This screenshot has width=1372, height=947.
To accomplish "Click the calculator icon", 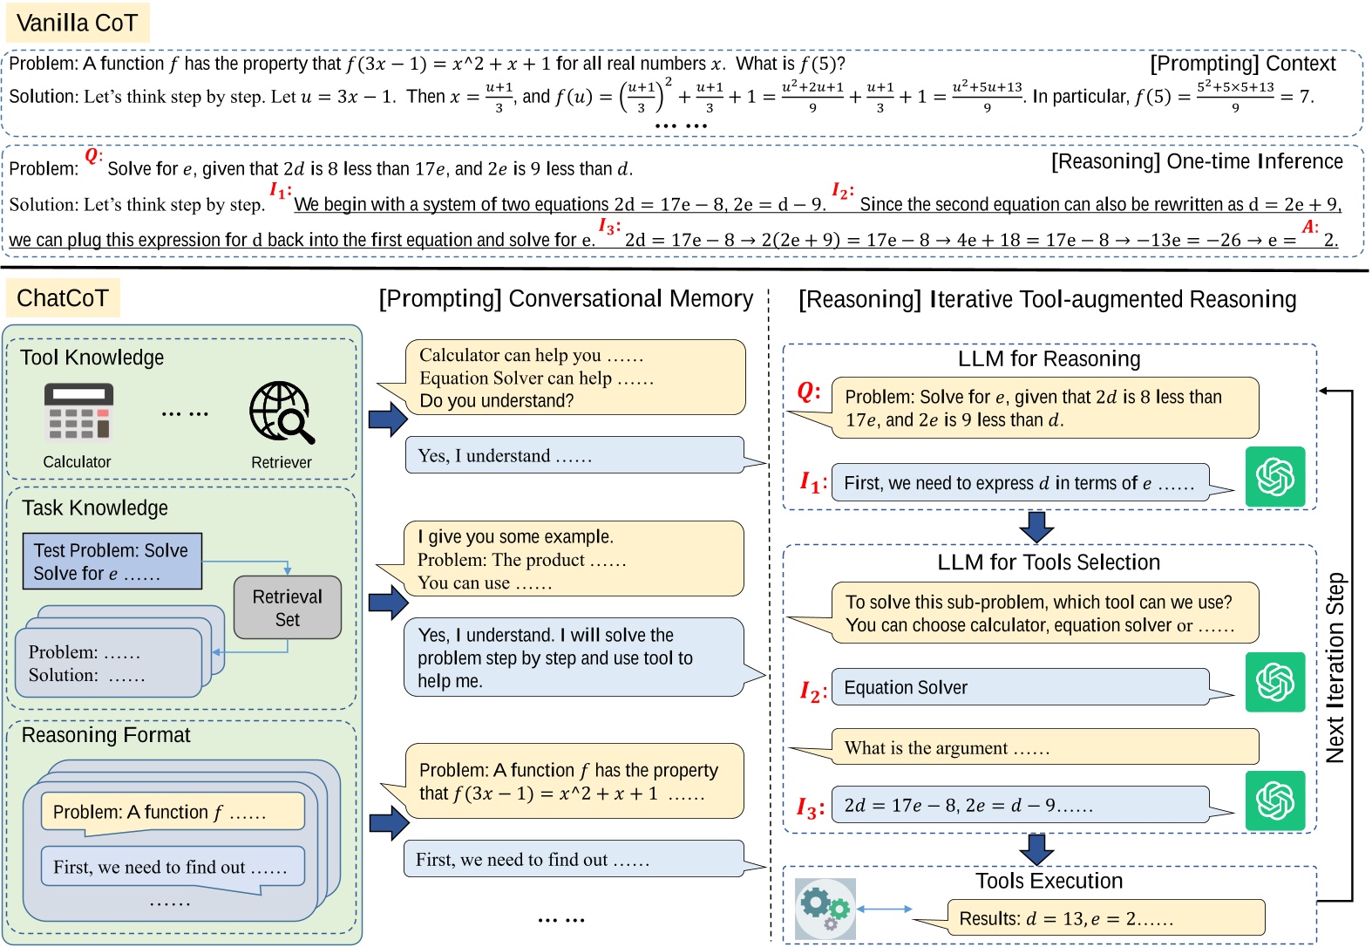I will [x=78, y=412].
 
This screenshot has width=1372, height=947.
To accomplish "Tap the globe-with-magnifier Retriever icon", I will [x=281, y=412].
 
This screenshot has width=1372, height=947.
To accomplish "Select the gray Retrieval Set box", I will [x=288, y=608].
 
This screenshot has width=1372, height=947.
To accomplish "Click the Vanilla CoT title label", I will [x=78, y=23].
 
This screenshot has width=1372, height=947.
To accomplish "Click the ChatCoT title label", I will [x=63, y=298].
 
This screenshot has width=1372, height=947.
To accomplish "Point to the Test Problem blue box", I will [x=112, y=562].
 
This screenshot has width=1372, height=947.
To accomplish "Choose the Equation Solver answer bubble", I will [x=1020, y=687].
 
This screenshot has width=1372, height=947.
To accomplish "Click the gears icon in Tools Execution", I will [x=825, y=909].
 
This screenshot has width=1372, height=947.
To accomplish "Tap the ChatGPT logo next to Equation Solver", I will [x=1274, y=682].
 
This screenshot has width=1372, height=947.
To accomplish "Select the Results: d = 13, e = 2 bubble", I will [x=1105, y=918].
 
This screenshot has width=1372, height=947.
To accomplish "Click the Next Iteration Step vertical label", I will [x=1335, y=667].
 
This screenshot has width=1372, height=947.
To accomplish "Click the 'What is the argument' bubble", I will [x=1044, y=747].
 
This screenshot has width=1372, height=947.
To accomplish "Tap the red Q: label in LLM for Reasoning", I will [x=808, y=392].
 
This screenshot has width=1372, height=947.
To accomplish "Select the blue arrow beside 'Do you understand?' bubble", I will [x=388, y=419].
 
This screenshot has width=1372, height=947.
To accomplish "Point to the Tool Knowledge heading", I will [x=92, y=358].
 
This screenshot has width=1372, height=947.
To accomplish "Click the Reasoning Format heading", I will [x=105, y=735].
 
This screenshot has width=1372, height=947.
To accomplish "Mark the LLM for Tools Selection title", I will [x=1049, y=562].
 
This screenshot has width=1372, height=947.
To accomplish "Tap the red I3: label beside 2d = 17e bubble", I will [x=810, y=807].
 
